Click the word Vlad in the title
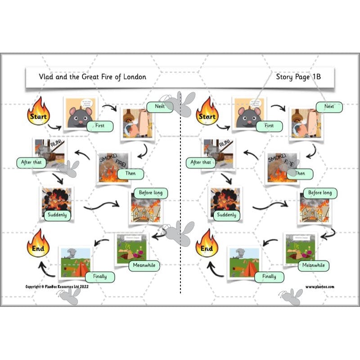35,77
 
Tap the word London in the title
133,77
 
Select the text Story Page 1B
298,77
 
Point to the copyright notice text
57,287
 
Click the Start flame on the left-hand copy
38,112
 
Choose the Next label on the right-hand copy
329,107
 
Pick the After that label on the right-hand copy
200,162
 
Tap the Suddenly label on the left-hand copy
57,215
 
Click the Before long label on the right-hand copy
320,193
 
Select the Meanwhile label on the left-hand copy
144,265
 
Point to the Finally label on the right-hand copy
269,276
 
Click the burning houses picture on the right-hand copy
311,208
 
